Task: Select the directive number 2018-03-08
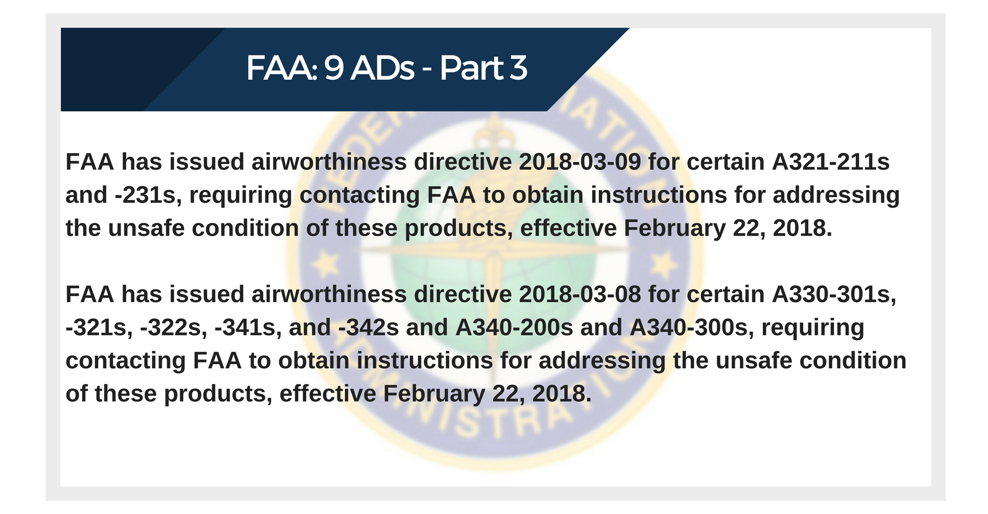(x=580, y=294)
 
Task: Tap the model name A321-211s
(x=831, y=162)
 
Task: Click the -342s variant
(x=369, y=327)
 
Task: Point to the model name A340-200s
(x=514, y=327)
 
